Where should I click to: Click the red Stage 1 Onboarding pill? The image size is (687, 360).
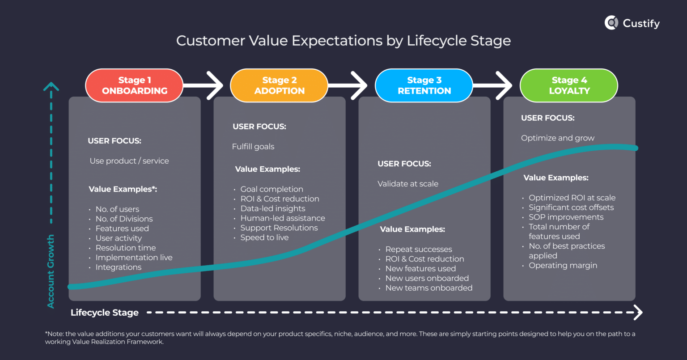(134, 85)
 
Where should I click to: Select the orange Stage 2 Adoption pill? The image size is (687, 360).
(279, 85)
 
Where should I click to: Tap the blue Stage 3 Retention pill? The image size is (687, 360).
(424, 85)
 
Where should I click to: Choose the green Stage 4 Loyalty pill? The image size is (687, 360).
(569, 85)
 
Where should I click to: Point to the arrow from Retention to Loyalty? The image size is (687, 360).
(495, 85)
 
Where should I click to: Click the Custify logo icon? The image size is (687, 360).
(611, 23)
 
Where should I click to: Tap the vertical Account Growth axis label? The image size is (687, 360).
(51, 271)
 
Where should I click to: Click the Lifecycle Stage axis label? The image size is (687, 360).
(105, 313)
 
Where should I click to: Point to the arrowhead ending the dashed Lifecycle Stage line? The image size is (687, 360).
(638, 312)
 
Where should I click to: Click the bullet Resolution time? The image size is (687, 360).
(126, 248)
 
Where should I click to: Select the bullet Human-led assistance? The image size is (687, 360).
(283, 218)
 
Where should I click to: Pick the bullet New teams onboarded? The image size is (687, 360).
(428, 288)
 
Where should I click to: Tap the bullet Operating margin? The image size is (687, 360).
(563, 266)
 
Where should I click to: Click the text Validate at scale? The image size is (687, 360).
(408, 184)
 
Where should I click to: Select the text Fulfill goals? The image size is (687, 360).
(253, 147)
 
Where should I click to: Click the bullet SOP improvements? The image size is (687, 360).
(566, 217)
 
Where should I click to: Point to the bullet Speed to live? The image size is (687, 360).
(264, 237)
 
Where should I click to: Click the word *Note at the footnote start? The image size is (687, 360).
(53, 334)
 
